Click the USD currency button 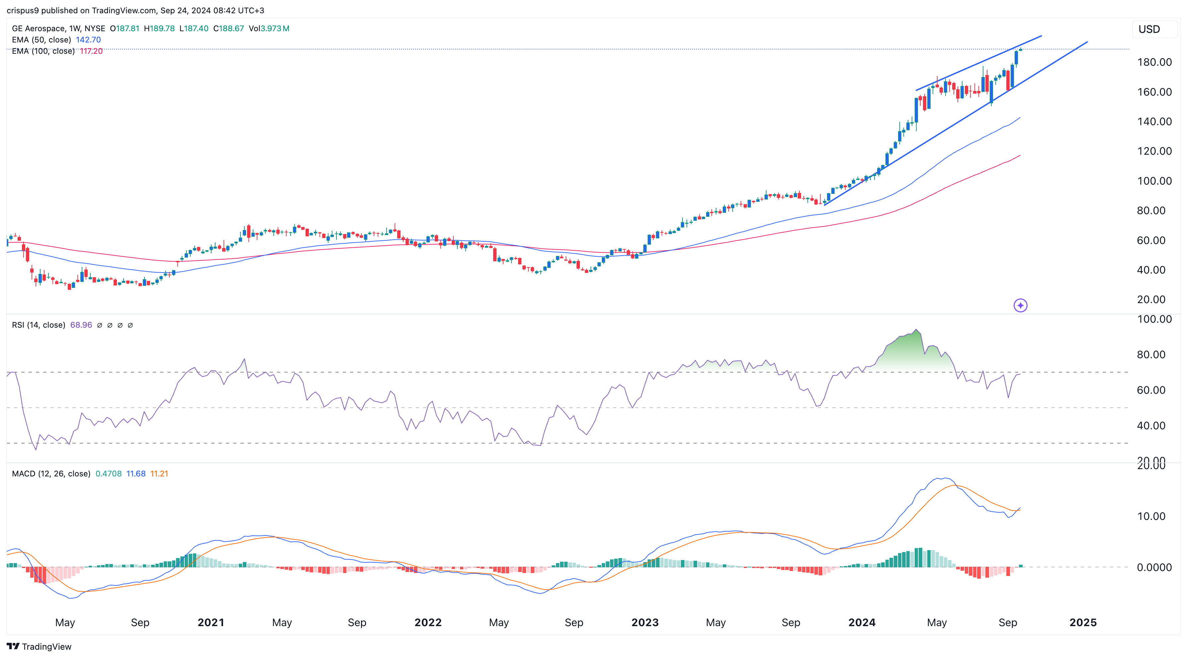(1149, 30)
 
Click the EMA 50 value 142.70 (88, 40)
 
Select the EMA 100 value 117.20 (91, 51)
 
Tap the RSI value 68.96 (81, 325)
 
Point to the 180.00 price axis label (1154, 62)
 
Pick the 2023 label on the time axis (645, 622)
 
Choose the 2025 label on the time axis (1082, 622)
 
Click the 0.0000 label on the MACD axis (1154, 567)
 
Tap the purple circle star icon (1020, 305)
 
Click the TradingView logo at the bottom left (39, 646)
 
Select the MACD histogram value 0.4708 (108, 474)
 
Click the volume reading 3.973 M (275, 29)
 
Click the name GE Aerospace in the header (39, 29)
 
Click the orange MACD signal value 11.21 (159, 474)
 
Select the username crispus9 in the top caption (23, 10)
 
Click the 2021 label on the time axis (211, 622)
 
